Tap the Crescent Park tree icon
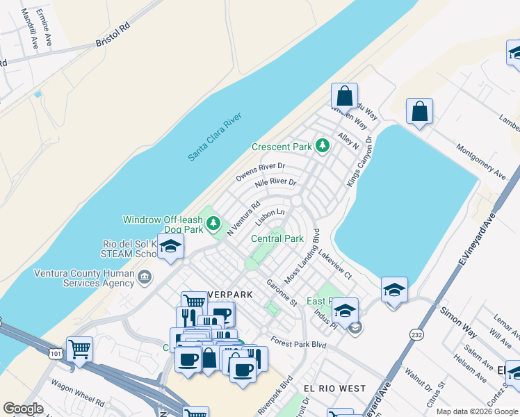pos(321,146)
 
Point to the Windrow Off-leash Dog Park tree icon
pos(215,223)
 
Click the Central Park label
pos(277,238)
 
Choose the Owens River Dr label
pos(260,172)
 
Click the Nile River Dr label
pos(275,183)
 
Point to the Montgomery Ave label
pos(480,161)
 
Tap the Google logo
pos(24,408)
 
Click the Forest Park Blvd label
pos(299,343)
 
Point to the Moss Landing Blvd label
pos(301,255)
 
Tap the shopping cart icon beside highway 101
pos(80,348)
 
